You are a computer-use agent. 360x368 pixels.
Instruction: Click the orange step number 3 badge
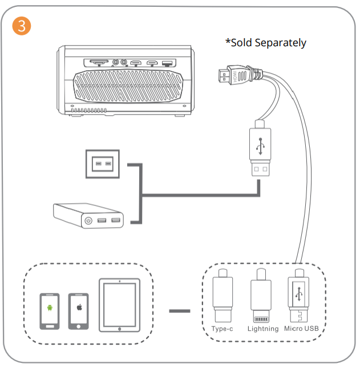pos(21,26)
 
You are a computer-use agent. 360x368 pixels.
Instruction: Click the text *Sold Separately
pos(266,43)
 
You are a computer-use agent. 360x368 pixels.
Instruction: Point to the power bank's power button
pos(89,220)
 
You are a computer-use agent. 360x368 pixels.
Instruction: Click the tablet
pos(119,305)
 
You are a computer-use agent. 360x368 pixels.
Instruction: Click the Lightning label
pos(262,329)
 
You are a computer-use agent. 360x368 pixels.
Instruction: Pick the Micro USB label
pos(301,329)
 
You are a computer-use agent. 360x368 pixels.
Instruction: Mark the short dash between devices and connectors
pos(180,312)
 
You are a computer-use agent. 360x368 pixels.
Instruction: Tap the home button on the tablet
pos(119,328)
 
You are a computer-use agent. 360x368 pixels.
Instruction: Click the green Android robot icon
pos(50,308)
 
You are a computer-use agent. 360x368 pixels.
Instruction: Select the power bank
pos(88,216)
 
